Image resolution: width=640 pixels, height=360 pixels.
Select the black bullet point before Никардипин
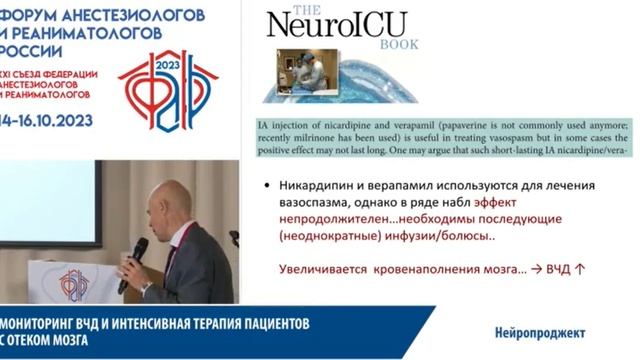[262, 187]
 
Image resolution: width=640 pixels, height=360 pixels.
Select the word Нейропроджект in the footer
[539, 331]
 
